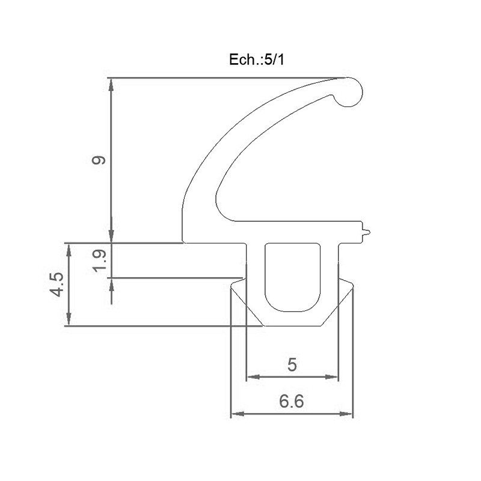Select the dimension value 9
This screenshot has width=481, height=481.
(99, 161)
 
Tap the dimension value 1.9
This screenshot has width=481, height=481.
(100, 261)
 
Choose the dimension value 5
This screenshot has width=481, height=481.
(292, 365)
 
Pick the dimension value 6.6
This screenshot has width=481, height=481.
(292, 402)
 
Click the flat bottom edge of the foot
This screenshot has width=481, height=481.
(292, 325)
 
